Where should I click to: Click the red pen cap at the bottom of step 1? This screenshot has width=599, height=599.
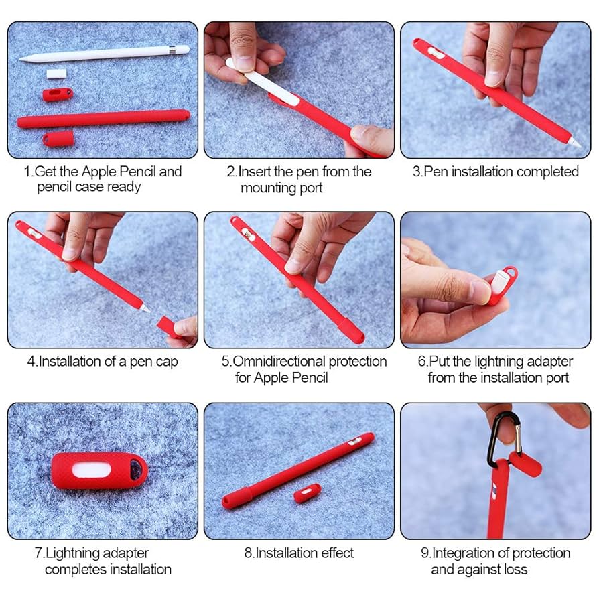tap(58, 139)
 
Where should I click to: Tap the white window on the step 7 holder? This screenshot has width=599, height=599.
tap(98, 470)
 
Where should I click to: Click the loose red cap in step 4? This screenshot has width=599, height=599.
tap(168, 326)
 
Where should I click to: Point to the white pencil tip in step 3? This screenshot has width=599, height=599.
tap(576, 141)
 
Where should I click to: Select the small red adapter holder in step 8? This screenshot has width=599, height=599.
tap(307, 494)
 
